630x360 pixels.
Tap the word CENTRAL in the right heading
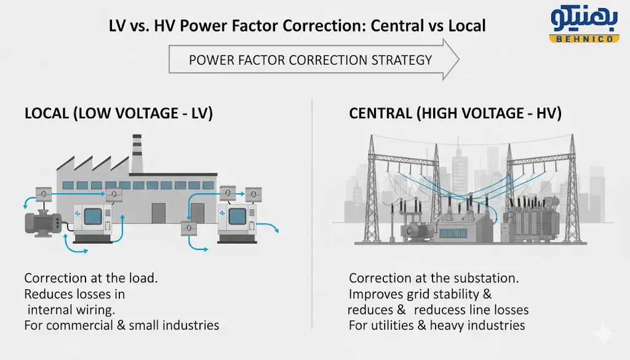pyautogui.click(x=380, y=114)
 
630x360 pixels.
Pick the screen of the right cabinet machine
pyautogui.click(x=237, y=216)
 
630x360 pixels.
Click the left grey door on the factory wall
pyautogui.click(x=159, y=213)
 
